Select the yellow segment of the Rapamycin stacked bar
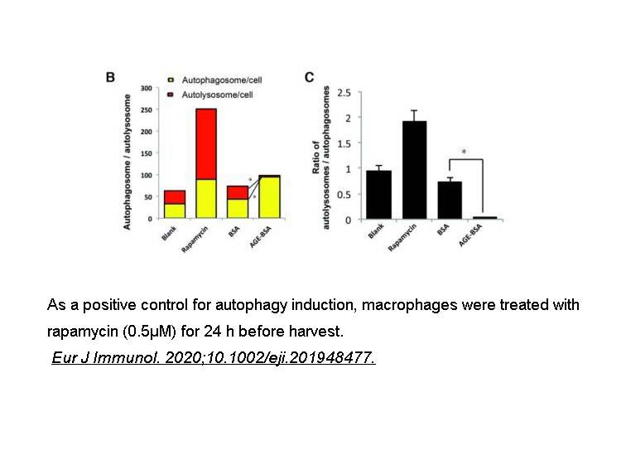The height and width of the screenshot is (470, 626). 206,199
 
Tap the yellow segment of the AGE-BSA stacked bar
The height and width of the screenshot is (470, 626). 269,198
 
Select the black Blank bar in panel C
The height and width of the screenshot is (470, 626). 378,195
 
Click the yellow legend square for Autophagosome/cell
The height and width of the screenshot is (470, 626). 171,80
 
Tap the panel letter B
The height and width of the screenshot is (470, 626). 111,78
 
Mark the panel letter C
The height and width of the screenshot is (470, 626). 310,78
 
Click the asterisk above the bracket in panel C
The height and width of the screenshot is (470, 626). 464,152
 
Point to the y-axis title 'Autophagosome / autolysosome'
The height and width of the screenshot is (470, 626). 128,162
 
